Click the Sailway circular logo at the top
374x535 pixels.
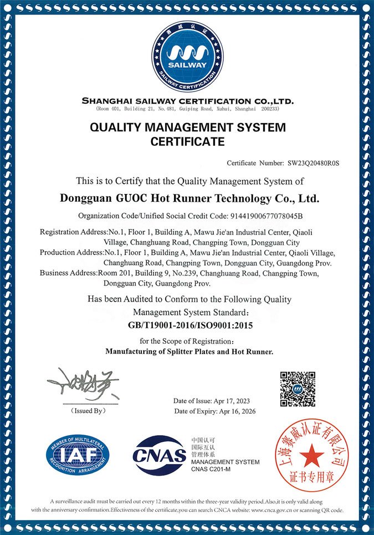(187, 54)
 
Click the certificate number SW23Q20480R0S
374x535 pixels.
(313, 164)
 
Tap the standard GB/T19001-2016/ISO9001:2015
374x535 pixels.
(190, 325)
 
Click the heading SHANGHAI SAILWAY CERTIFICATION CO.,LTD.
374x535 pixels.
(187, 101)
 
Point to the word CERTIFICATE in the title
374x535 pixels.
(187, 142)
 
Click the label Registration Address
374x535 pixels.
(71, 232)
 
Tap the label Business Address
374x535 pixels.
(68, 273)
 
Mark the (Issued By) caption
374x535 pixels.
(88, 411)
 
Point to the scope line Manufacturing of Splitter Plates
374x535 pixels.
(189, 351)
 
